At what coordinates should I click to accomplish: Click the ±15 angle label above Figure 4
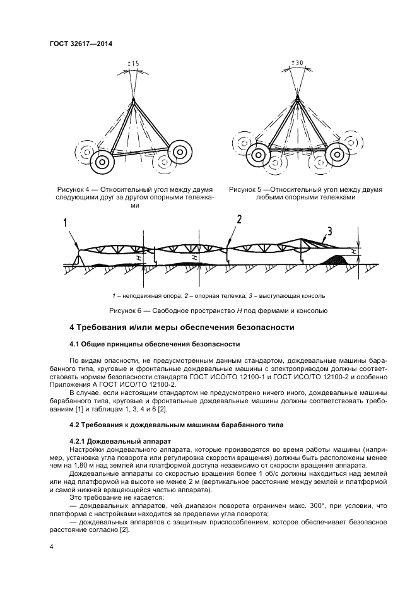[x=133, y=63]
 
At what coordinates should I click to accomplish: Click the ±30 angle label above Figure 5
[x=298, y=62]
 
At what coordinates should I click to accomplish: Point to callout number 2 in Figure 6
[x=239, y=219]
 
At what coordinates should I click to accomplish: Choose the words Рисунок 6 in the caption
[x=127, y=310]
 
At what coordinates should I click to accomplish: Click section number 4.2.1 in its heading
[x=79, y=439]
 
